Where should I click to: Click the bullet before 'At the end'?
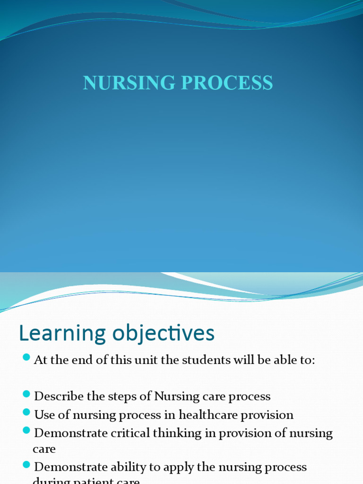pyautogui.click(x=26, y=357)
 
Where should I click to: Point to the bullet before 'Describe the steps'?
pyautogui.click(x=26, y=393)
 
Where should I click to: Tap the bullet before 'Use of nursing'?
pyautogui.click(x=26, y=412)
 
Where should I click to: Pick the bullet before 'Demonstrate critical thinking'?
pyautogui.click(x=26, y=430)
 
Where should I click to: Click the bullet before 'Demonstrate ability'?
pyautogui.click(x=26, y=465)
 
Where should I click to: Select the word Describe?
pyautogui.click(x=56, y=396)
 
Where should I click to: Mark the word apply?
pyautogui.click(x=175, y=467)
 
